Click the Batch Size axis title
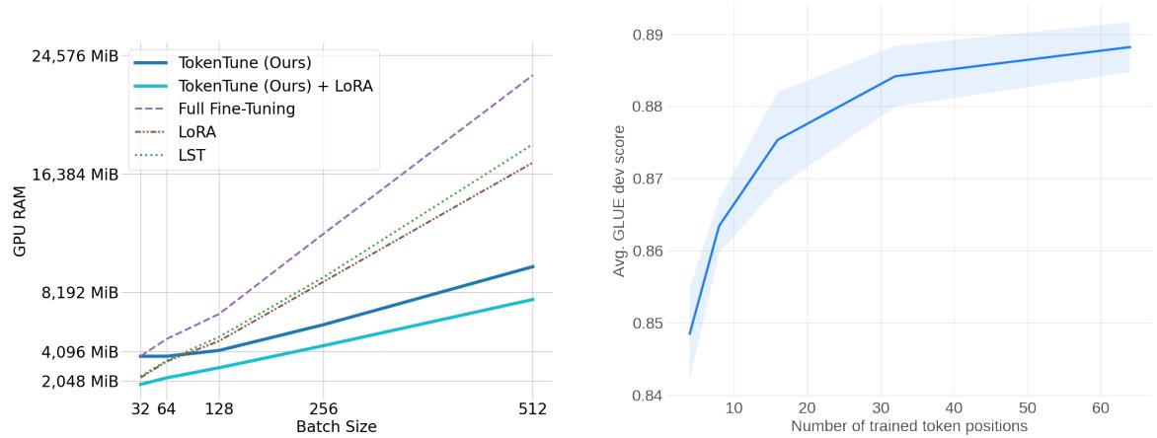[x=336, y=427]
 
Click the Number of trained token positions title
[x=909, y=426]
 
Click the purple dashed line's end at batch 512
[x=533, y=75]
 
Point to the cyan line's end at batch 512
[x=533, y=299]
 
